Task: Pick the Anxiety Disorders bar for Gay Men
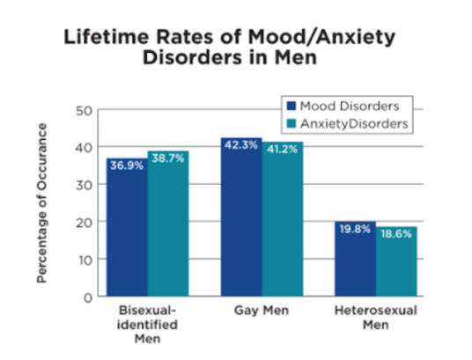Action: [281, 219]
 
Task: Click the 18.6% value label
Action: [395, 237]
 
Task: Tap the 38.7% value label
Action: [167, 161]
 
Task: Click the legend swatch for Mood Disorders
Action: [289, 107]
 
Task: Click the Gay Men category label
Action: [262, 313]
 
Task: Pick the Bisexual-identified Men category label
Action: [147, 327]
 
